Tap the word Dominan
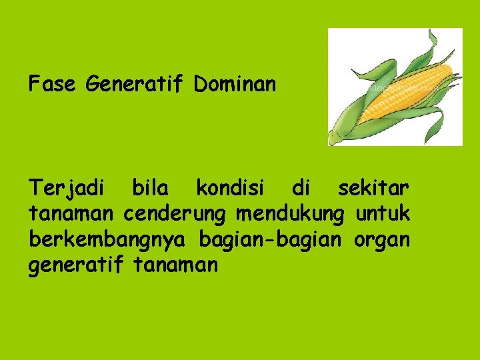click(235, 85)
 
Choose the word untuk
click(383, 214)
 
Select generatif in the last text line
click(75, 265)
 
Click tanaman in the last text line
click(176, 265)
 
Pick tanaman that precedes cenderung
click(71, 215)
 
